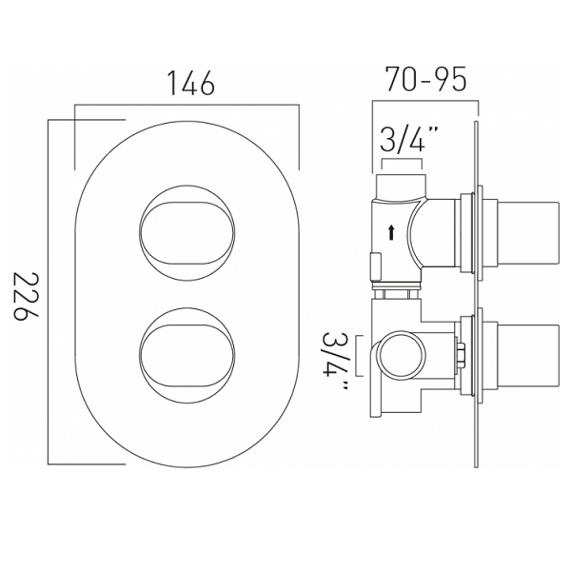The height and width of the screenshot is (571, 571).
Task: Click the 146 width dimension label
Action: pos(191,83)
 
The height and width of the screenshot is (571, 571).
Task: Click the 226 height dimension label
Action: pos(26,297)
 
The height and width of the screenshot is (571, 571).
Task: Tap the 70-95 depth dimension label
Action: pos(425,79)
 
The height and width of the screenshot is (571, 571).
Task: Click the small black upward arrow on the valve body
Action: pos(391,232)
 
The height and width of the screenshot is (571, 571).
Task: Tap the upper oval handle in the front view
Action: pos(187,233)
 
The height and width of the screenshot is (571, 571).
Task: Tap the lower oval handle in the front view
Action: pos(187,356)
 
